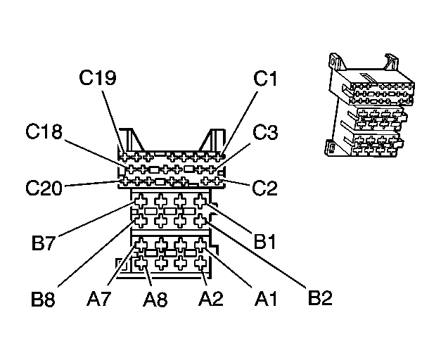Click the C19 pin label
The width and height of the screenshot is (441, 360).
[98, 77]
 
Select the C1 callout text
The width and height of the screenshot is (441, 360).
[265, 78]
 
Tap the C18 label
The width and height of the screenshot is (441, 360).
[44, 131]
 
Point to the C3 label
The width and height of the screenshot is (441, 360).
[265, 131]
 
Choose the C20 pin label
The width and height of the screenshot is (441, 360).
[44, 188]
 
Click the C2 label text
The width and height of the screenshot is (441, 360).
[264, 188]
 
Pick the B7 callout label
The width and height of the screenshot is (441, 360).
[43, 243]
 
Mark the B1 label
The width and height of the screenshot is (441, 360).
[264, 241]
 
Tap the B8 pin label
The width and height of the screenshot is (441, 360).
[43, 299]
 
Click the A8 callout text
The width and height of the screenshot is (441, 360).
[155, 299]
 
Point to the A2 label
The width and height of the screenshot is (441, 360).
[211, 298]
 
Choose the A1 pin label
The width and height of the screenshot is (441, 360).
[266, 298]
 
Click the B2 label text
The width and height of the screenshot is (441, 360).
[320, 297]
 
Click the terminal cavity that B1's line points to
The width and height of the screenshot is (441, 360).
[200, 201]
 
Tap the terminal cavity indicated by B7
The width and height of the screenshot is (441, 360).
[141, 201]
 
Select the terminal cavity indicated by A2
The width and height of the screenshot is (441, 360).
[200, 263]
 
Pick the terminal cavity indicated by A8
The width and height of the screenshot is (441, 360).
[141, 263]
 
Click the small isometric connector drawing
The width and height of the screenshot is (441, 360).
[369, 105]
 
